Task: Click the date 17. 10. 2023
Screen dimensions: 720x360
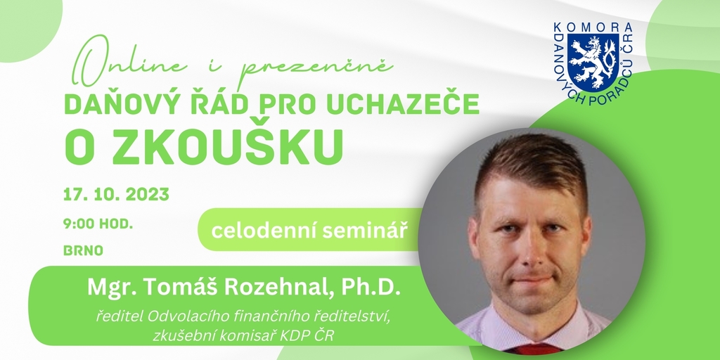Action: [x=116, y=195]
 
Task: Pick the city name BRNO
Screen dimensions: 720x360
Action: [x=83, y=251]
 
